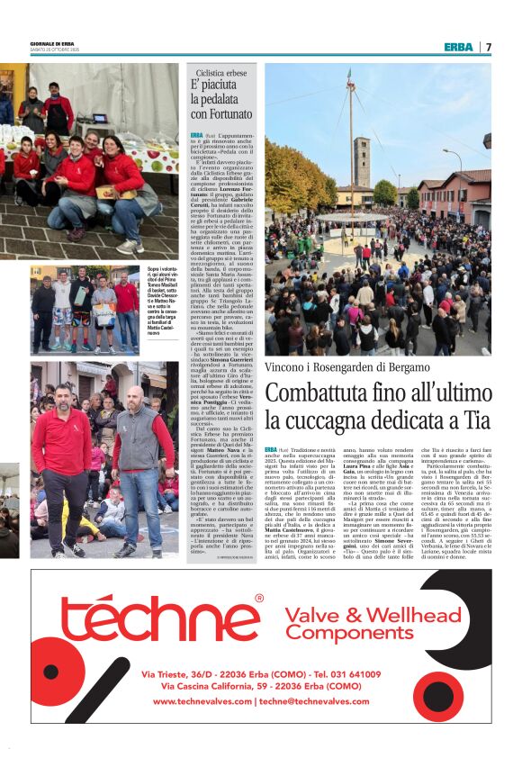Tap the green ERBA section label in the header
click(x=457, y=47)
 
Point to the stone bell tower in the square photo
click(x=361, y=162)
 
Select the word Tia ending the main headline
click(x=476, y=420)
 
